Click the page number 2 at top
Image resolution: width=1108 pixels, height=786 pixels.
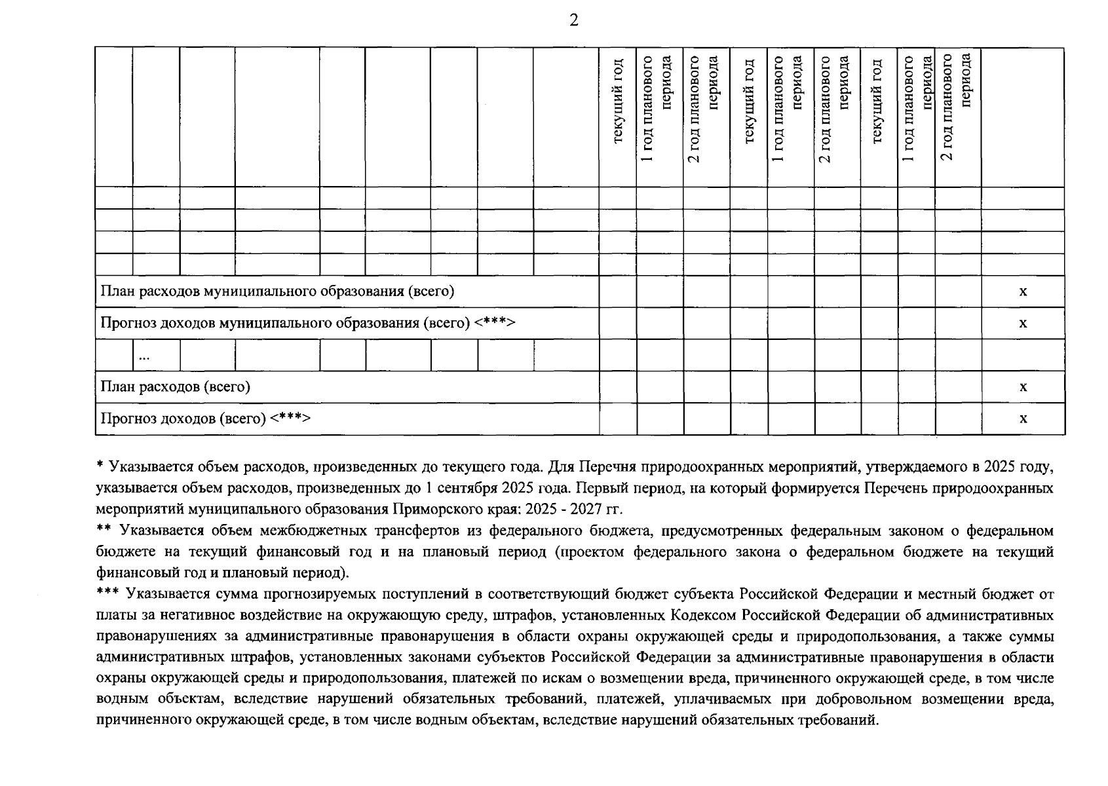click(574, 20)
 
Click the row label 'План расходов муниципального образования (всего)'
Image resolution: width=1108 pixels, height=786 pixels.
click(277, 291)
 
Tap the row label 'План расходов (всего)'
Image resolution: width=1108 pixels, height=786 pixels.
click(175, 386)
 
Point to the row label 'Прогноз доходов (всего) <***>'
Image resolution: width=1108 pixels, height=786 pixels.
click(204, 418)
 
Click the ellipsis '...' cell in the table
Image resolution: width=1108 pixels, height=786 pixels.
click(143, 356)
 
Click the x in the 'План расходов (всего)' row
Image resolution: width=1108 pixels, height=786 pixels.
click(1023, 386)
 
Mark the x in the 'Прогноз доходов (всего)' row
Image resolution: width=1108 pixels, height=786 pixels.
click(1023, 418)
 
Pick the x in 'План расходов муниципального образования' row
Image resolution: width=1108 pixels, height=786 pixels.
click(1023, 291)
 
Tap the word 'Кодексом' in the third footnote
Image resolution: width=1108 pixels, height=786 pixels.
click(703, 616)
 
